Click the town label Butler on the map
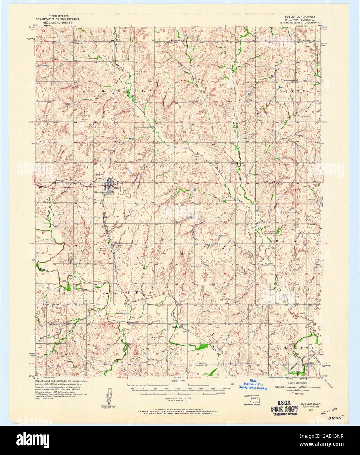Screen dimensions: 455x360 pyautogui.click(x=118, y=188)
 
